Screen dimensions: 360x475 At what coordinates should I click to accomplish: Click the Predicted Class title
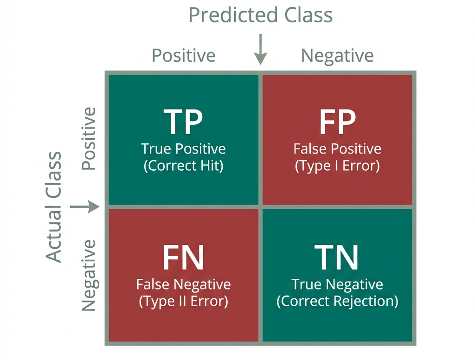(261, 15)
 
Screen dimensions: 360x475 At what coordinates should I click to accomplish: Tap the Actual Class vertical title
(54, 207)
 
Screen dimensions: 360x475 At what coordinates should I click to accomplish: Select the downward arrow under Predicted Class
(261, 49)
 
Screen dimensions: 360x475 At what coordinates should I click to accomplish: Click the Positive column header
(184, 56)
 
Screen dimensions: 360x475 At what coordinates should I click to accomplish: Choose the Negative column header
(337, 56)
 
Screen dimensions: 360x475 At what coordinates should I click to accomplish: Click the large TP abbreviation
(184, 122)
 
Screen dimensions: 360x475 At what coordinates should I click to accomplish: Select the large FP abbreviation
(337, 122)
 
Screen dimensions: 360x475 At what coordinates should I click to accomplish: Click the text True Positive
(184, 149)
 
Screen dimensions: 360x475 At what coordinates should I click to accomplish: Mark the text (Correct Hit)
(184, 166)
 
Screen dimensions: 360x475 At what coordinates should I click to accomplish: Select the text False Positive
(337, 149)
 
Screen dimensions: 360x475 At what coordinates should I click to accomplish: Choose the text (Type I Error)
(337, 166)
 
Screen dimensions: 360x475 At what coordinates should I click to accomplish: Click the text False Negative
(184, 284)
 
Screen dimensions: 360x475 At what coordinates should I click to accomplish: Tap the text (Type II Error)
(184, 301)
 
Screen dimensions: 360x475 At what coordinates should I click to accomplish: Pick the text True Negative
(337, 284)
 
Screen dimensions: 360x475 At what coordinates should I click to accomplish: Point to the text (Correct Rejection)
(337, 301)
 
